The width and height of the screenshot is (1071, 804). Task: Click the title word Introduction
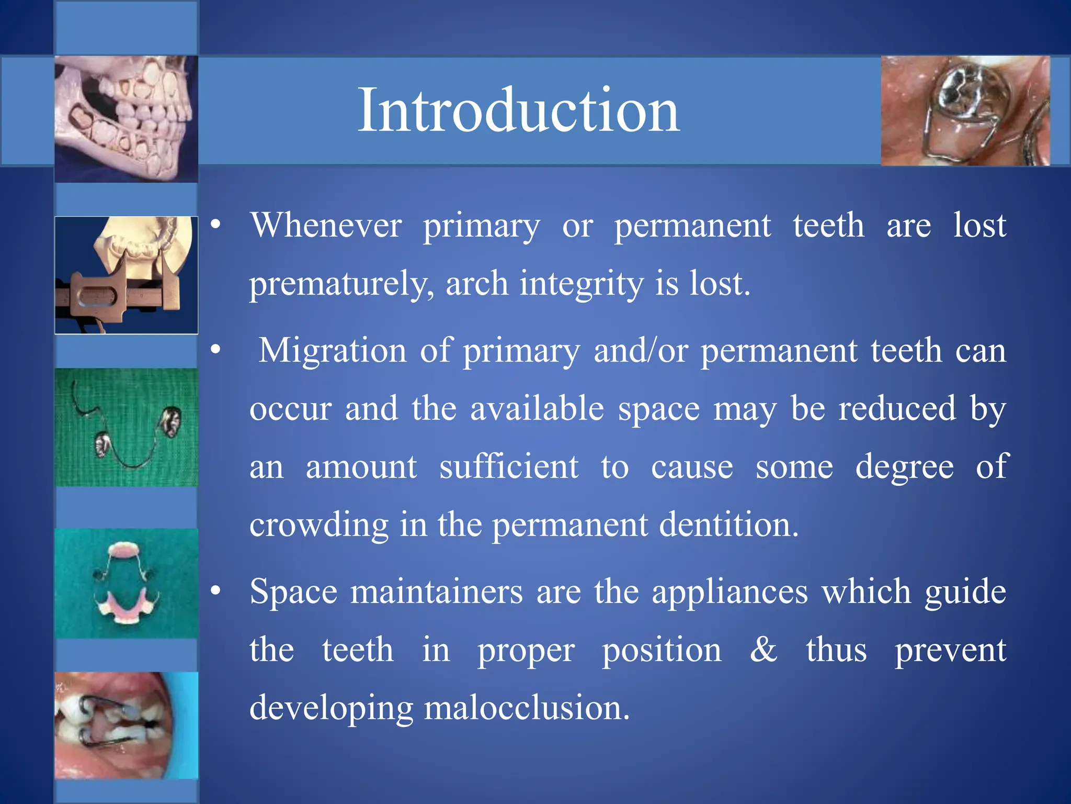coord(518,110)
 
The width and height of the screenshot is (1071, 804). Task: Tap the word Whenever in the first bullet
coord(326,226)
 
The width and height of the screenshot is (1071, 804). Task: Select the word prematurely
coord(341,284)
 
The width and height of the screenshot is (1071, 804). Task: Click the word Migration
coord(333,350)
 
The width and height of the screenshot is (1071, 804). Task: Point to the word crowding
coord(319,525)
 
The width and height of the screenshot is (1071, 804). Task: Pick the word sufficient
coord(508,466)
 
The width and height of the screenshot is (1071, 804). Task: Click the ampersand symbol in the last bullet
coord(763,650)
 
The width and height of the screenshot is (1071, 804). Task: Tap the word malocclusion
coord(527,708)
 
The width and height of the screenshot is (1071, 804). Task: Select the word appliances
coord(730,592)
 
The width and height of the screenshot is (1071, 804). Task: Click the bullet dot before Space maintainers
coord(215,591)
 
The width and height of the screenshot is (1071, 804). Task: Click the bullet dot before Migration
coord(215,350)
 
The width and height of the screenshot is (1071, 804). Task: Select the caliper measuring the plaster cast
coord(118,296)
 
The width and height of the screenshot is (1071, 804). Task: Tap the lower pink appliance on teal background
coord(127,610)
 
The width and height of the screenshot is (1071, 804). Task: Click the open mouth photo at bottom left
coord(126,725)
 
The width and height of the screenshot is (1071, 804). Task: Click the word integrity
coord(581,284)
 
